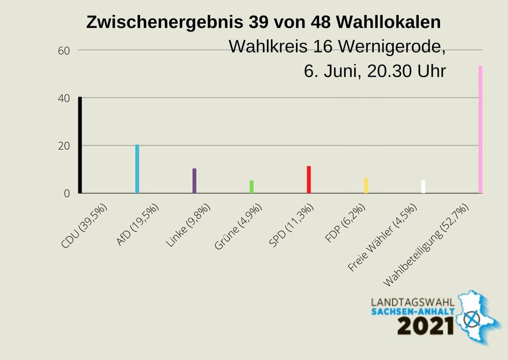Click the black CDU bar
coord(80,145)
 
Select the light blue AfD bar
coord(137,169)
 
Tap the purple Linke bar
coord(194,180)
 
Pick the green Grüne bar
coord(252,186)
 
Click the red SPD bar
coord(309,180)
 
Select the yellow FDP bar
coord(366,185)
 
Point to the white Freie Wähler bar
coord(423,186)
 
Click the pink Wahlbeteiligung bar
coord(480,129)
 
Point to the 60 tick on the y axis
coord(64,51)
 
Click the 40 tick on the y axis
coord(64,98)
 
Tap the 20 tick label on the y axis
coord(64,146)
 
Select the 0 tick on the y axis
coord(66,193)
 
